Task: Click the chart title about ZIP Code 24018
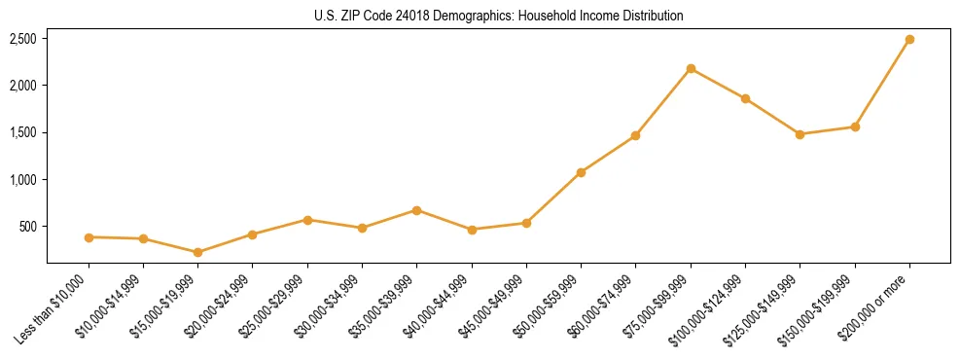[x=498, y=16]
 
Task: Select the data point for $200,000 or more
[x=909, y=40]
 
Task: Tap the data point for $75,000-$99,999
[x=691, y=68]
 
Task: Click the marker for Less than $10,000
[x=89, y=237]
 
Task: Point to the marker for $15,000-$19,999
[x=198, y=252]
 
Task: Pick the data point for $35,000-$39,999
[x=416, y=210]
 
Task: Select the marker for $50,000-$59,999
[x=581, y=172]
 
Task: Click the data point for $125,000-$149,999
[x=800, y=134]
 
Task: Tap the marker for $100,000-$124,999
[x=745, y=98]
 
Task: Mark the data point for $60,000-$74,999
[x=635, y=135]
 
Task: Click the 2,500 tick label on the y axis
[x=23, y=39]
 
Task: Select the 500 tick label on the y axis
[x=28, y=227]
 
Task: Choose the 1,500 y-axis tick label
[x=23, y=133]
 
